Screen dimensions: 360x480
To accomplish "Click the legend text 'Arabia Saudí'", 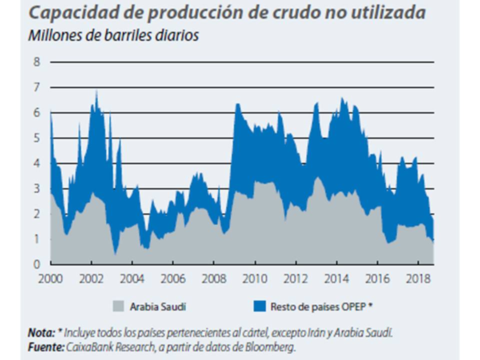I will click(x=157, y=306).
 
